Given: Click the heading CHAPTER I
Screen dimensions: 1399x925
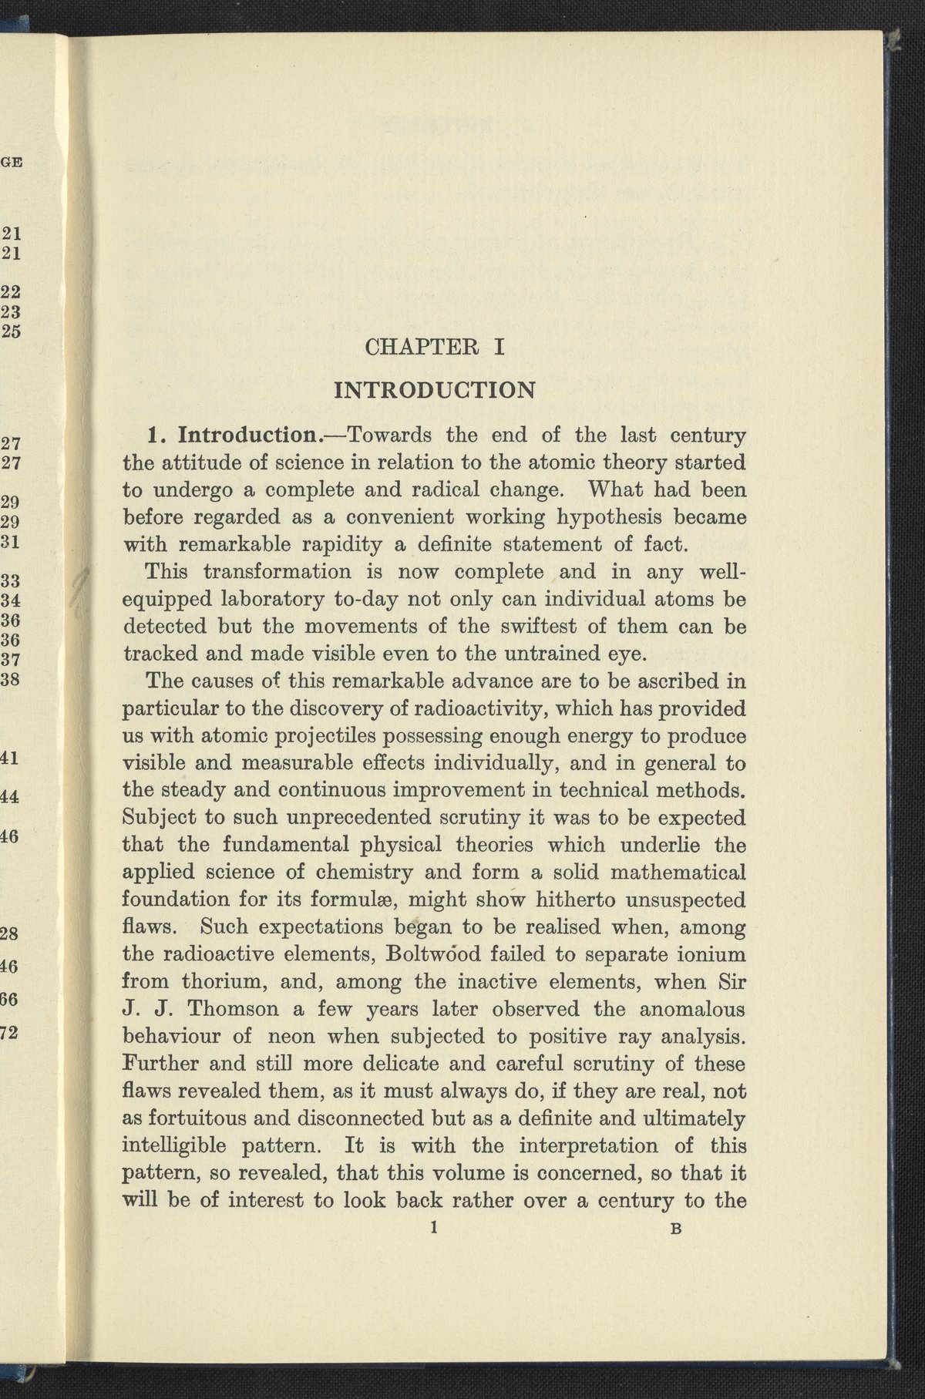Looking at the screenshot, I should [434, 348].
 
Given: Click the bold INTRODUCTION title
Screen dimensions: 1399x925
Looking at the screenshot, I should [434, 388].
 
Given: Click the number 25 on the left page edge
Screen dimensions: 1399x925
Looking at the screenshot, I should [12, 332].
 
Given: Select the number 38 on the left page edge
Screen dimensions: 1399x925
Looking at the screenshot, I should [12, 681].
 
